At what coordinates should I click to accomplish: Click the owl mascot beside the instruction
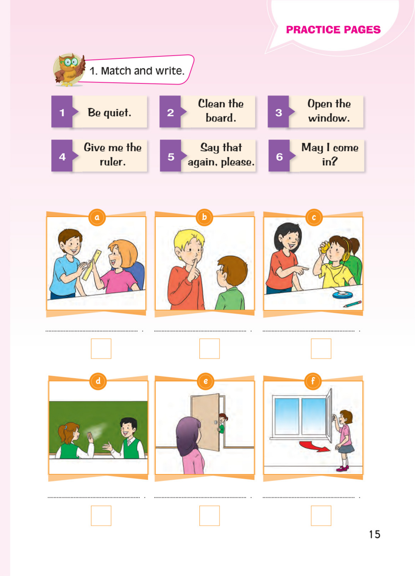click(x=69, y=70)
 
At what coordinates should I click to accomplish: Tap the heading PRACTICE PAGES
click(x=333, y=30)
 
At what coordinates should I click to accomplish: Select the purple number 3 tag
click(x=279, y=112)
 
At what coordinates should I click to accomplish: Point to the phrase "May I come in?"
click(x=330, y=154)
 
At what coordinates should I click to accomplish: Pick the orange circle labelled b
click(x=204, y=217)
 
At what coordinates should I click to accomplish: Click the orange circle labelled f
click(x=313, y=381)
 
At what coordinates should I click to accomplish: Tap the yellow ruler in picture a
click(x=91, y=265)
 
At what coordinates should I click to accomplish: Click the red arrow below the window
click(x=315, y=446)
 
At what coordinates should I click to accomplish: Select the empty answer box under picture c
click(x=321, y=348)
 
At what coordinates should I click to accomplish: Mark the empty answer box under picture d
click(x=101, y=516)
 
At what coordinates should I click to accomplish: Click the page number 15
click(x=375, y=534)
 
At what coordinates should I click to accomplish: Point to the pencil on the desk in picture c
click(x=352, y=304)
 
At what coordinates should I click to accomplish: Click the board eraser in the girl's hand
click(x=89, y=436)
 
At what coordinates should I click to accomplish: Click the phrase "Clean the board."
click(x=221, y=111)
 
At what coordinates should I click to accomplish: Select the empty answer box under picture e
click(x=210, y=516)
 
